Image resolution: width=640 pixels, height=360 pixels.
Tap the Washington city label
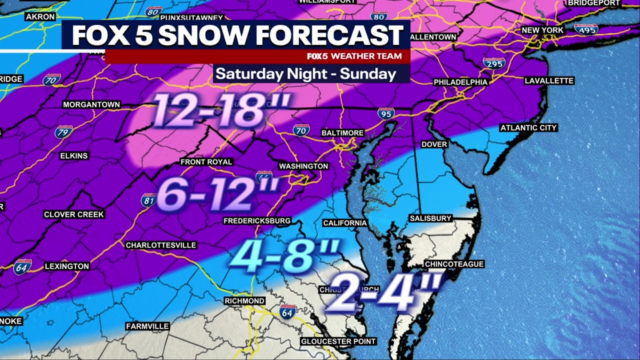[x=303, y=166]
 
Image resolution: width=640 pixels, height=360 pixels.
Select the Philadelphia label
[x=460, y=82]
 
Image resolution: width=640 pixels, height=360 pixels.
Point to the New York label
[x=542, y=30]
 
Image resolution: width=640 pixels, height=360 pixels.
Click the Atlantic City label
[x=528, y=128]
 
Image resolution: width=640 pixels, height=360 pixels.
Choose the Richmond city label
[x=244, y=301]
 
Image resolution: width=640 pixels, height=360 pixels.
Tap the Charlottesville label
[x=160, y=245]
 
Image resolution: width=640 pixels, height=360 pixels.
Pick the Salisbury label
[x=430, y=218]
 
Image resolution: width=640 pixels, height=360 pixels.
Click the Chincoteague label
[x=454, y=264]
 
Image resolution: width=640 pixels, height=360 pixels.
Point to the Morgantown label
[x=91, y=104]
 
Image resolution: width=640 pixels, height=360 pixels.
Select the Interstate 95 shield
[x=385, y=113]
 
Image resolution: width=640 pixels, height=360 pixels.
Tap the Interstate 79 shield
[x=63, y=132]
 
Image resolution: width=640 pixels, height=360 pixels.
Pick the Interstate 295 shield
[x=493, y=63]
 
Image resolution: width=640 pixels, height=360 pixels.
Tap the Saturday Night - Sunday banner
[x=306, y=74]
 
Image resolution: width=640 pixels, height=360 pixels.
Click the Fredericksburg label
[x=257, y=220]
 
